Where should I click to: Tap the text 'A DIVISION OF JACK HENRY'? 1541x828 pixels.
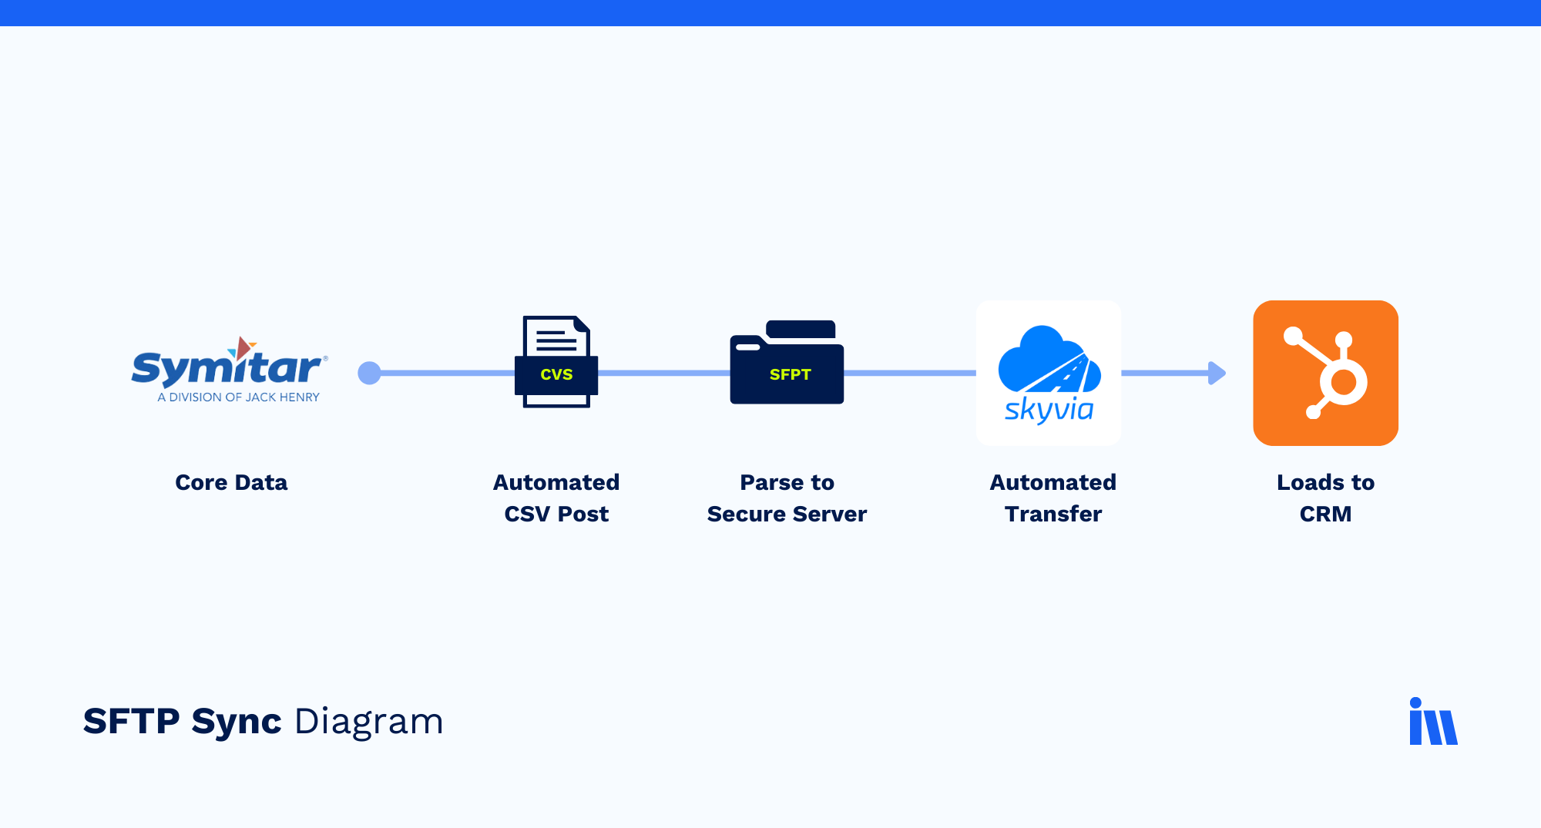(x=238, y=397)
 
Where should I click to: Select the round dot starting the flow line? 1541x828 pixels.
(x=370, y=373)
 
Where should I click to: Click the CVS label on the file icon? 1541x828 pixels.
(x=556, y=374)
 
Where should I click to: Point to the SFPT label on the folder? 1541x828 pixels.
(x=790, y=374)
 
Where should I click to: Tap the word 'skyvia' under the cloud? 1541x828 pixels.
(x=1049, y=409)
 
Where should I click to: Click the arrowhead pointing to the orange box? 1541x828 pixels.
(x=1217, y=373)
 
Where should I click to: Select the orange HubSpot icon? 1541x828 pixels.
(x=1325, y=373)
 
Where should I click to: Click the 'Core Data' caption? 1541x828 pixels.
(x=231, y=482)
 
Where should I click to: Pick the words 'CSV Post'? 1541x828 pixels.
(x=556, y=514)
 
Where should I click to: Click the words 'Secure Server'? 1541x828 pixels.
(x=787, y=514)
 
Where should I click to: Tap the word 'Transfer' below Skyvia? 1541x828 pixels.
(x=1053, y=514)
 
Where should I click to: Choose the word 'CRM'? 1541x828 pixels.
(x=1325, y=514)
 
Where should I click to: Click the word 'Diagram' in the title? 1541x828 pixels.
(x=369, y=722)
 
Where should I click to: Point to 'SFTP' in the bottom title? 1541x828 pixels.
(x=132, y=722)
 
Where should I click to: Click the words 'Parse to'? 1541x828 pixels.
(x=787, y=482)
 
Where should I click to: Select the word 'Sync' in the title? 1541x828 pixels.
(x=237, y=722)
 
